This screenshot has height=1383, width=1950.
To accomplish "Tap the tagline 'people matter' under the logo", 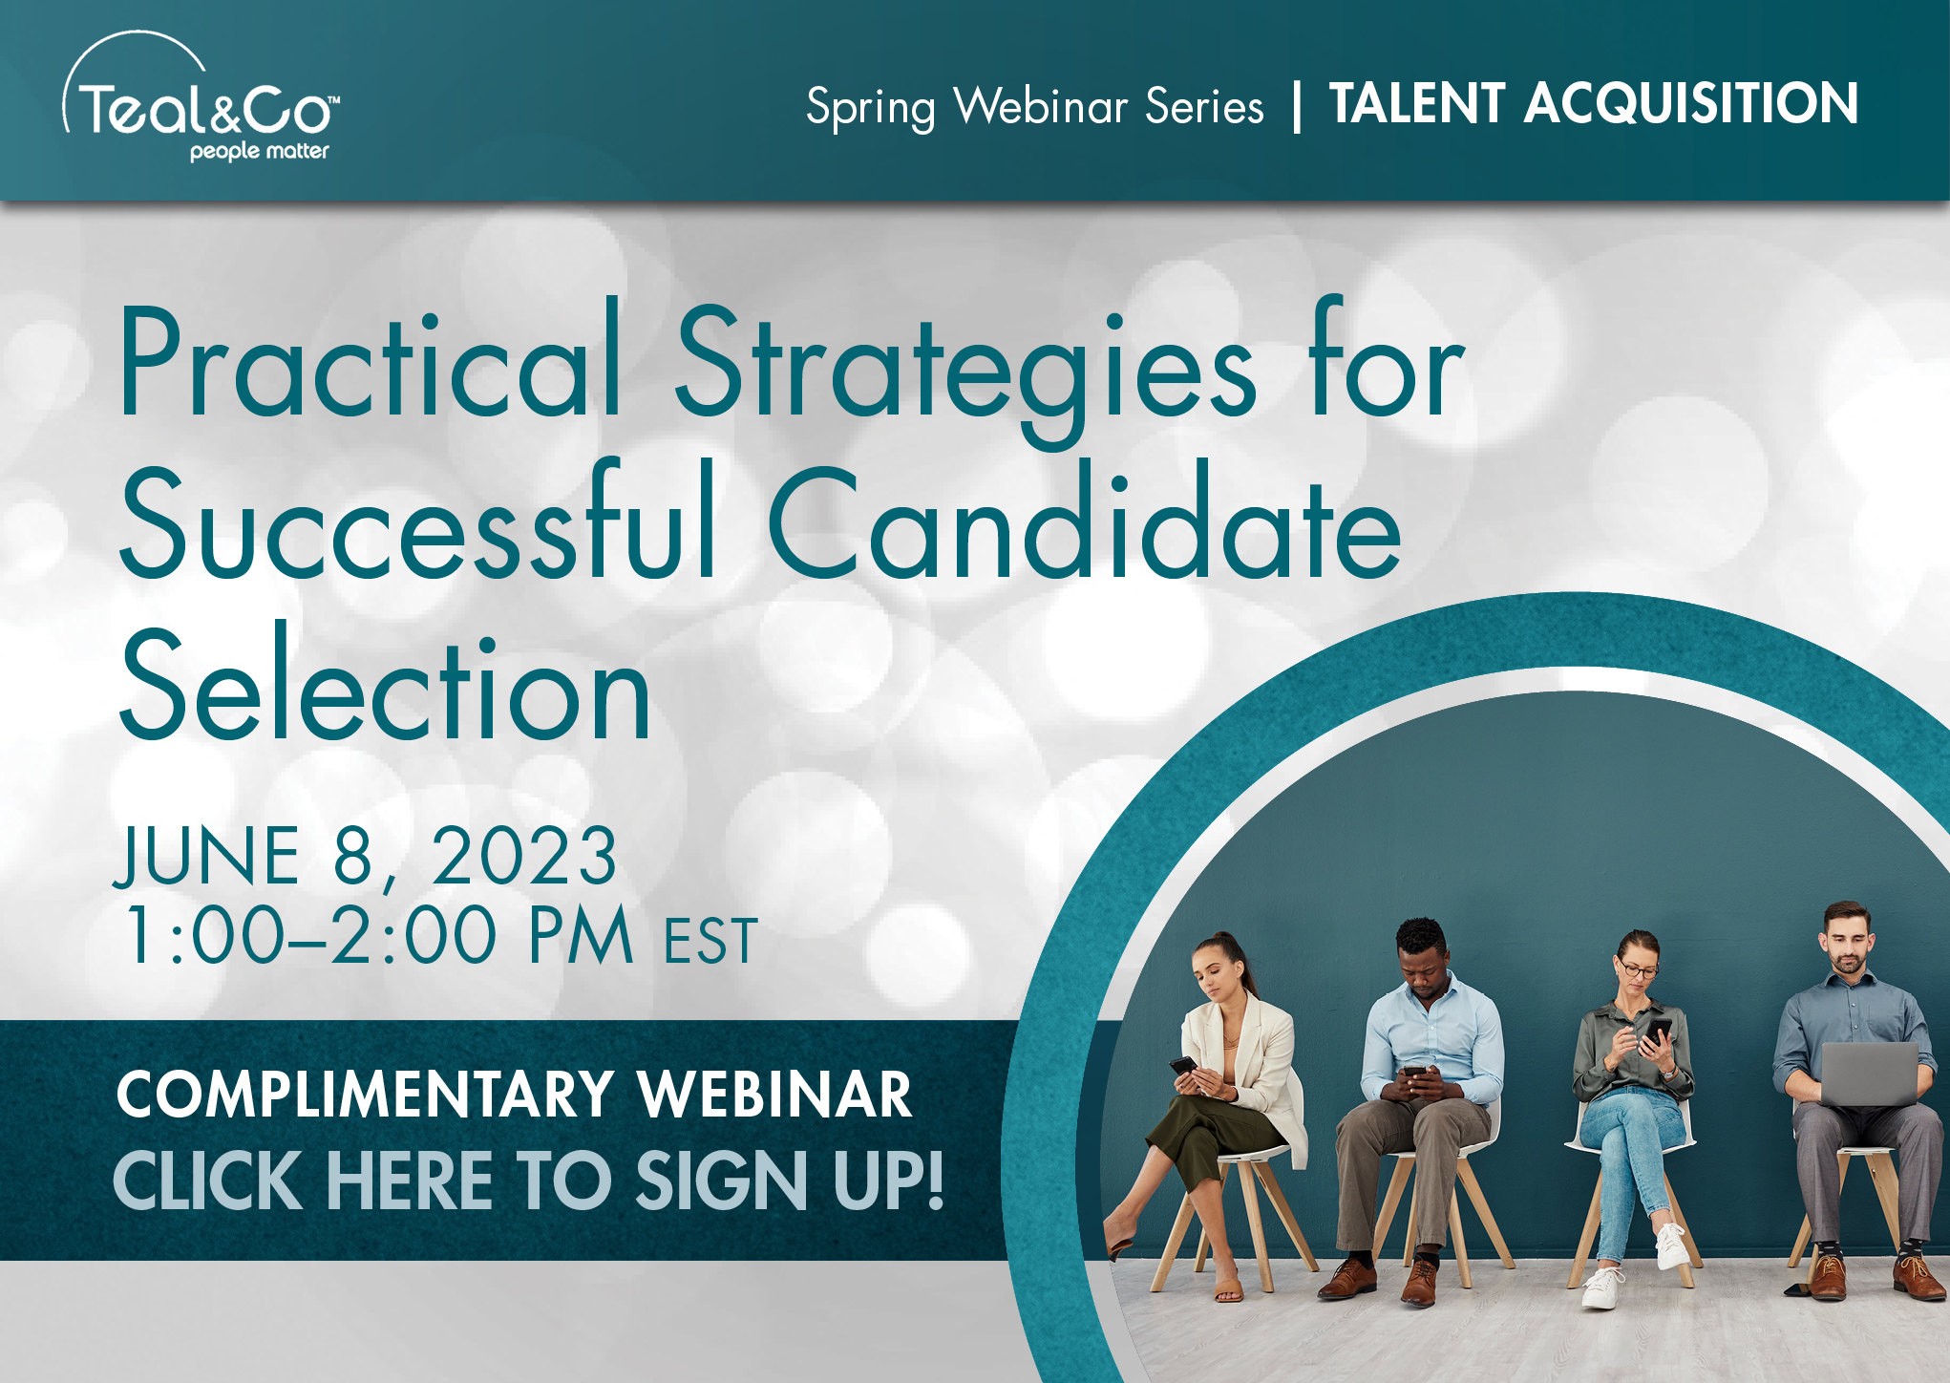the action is [x=259, y=151].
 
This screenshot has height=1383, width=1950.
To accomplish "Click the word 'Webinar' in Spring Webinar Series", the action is [x=1041, y=105].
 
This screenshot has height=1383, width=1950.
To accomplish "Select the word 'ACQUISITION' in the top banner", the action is [x=1690, y=103].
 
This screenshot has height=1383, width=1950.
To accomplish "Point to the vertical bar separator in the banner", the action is [x=1296, y=105].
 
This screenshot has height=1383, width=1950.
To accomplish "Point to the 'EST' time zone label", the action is [x=710, y=941].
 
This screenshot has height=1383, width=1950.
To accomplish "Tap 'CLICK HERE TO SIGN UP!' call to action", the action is [x=528, y=1180].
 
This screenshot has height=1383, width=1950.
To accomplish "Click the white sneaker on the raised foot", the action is [x=1671, y=1245].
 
